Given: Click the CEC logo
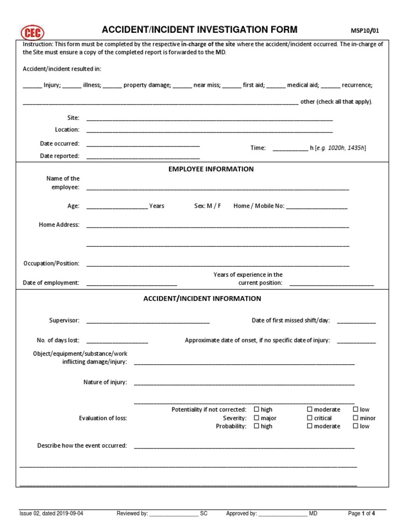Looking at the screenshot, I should pos(32,32).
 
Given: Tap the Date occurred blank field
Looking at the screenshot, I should pos(143,144).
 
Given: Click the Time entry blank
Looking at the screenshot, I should pos(290,149).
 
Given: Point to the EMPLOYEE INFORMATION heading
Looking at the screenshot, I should pos(211,169).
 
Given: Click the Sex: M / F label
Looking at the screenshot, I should pos(207,206).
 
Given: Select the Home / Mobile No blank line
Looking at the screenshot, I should pos(316,207).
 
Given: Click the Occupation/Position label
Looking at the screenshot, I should pos(51,264).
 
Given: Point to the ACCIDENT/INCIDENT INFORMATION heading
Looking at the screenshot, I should pos(202,299).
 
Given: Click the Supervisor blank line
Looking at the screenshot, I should pos(148,322).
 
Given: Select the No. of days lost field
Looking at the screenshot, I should pos(117,341).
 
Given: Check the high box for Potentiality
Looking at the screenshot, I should pos(257,410).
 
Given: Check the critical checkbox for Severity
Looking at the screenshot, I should pos(310,418).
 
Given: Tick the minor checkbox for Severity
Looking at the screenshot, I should pos(356,418).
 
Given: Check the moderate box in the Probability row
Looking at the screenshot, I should pos(310,427).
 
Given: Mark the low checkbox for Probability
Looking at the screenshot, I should pos(356,427).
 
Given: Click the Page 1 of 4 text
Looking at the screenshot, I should pos(361,514).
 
